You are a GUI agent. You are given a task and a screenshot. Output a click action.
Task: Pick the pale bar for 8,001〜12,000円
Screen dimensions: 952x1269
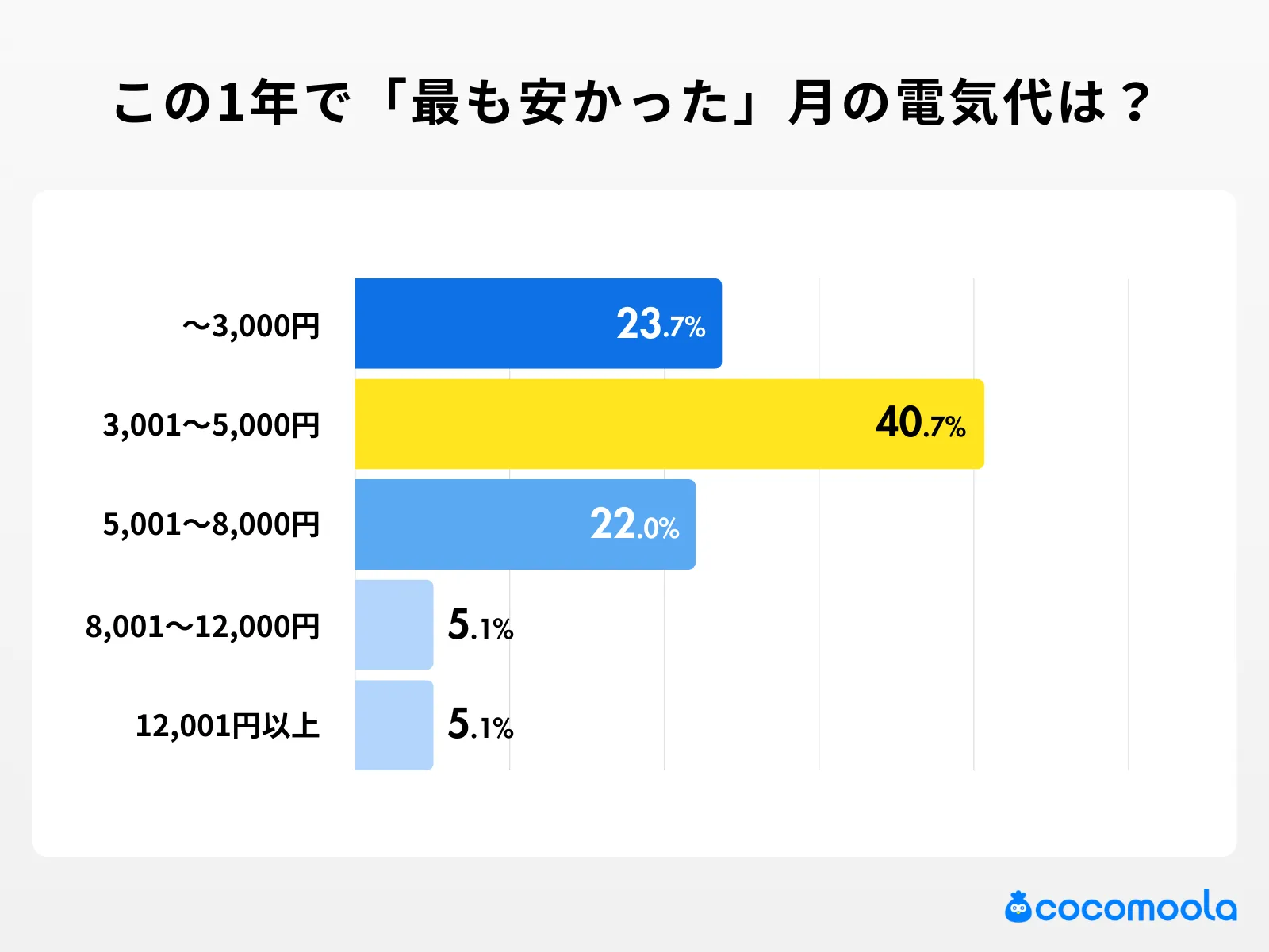(x=393, y=625)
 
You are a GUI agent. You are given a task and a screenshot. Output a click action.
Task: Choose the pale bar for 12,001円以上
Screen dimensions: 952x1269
(x=393, y=725)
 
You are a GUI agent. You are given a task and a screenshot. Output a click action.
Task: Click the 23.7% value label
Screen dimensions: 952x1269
(x=661, y=324)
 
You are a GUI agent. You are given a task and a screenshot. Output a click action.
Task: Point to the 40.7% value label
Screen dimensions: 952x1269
(x=920, y=424)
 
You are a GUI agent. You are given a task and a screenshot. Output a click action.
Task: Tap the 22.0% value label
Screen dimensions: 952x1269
(x=634, y=525)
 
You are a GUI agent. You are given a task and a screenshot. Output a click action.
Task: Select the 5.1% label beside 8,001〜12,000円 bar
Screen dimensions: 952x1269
(x=481, y=626)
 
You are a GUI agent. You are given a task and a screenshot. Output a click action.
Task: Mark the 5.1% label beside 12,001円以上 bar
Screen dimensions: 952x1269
(x=481, y=725)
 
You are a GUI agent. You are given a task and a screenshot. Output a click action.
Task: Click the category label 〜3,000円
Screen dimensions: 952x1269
(x=251, y=326)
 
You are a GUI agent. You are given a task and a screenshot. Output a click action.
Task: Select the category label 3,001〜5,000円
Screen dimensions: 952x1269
(x=211, y=426)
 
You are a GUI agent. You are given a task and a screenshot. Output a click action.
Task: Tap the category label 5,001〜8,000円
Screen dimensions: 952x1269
(x=211, y=525)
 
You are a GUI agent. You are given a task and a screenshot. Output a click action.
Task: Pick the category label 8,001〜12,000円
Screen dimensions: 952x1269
(x=202, y=627)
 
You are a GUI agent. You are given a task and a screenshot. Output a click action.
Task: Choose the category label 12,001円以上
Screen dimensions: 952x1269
(x=228, y=726)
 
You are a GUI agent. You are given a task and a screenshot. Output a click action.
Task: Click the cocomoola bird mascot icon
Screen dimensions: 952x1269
(x=1018, y=907)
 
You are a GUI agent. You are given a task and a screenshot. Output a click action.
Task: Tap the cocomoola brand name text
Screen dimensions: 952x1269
(x=1136, y=908)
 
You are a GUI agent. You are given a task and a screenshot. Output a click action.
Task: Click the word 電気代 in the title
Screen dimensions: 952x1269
(x=975, y=103)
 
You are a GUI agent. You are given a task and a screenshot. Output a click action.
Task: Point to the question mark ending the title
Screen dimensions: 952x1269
(x=1137, y=103)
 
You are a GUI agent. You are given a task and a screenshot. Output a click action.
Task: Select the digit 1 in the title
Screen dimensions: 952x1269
(x=229, y=103)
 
